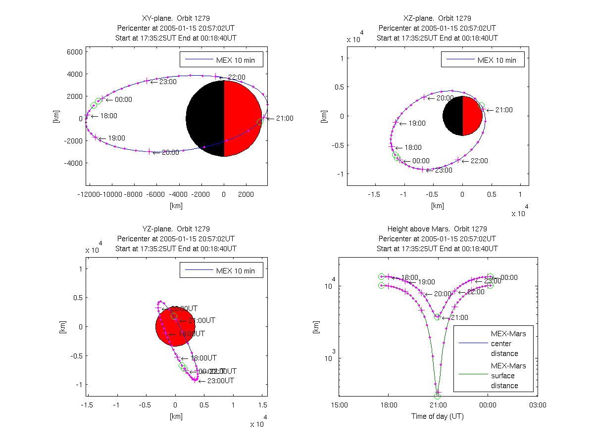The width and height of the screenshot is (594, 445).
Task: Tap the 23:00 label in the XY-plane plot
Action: tap(168, 82)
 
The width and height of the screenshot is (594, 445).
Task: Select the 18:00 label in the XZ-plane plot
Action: tap(413, 147)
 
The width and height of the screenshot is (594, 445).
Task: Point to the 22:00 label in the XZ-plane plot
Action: tap(479, 161)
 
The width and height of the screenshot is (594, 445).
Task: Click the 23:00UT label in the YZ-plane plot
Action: tap(220, 381)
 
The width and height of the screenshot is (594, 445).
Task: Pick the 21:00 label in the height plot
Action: tap(459, 317)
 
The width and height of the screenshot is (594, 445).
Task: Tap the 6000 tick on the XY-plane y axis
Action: tap(75, 51)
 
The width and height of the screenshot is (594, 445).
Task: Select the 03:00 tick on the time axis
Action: tap(538, 405)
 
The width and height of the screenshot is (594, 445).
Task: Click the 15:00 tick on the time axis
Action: tap(339, 405)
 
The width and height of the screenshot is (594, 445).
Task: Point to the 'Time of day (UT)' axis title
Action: tap(438, 416)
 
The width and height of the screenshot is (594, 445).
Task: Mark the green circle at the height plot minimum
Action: tap(438, 396)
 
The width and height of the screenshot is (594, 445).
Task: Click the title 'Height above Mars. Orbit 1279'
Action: tap(437, 229)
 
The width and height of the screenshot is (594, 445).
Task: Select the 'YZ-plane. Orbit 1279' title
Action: tap(176, 229)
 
